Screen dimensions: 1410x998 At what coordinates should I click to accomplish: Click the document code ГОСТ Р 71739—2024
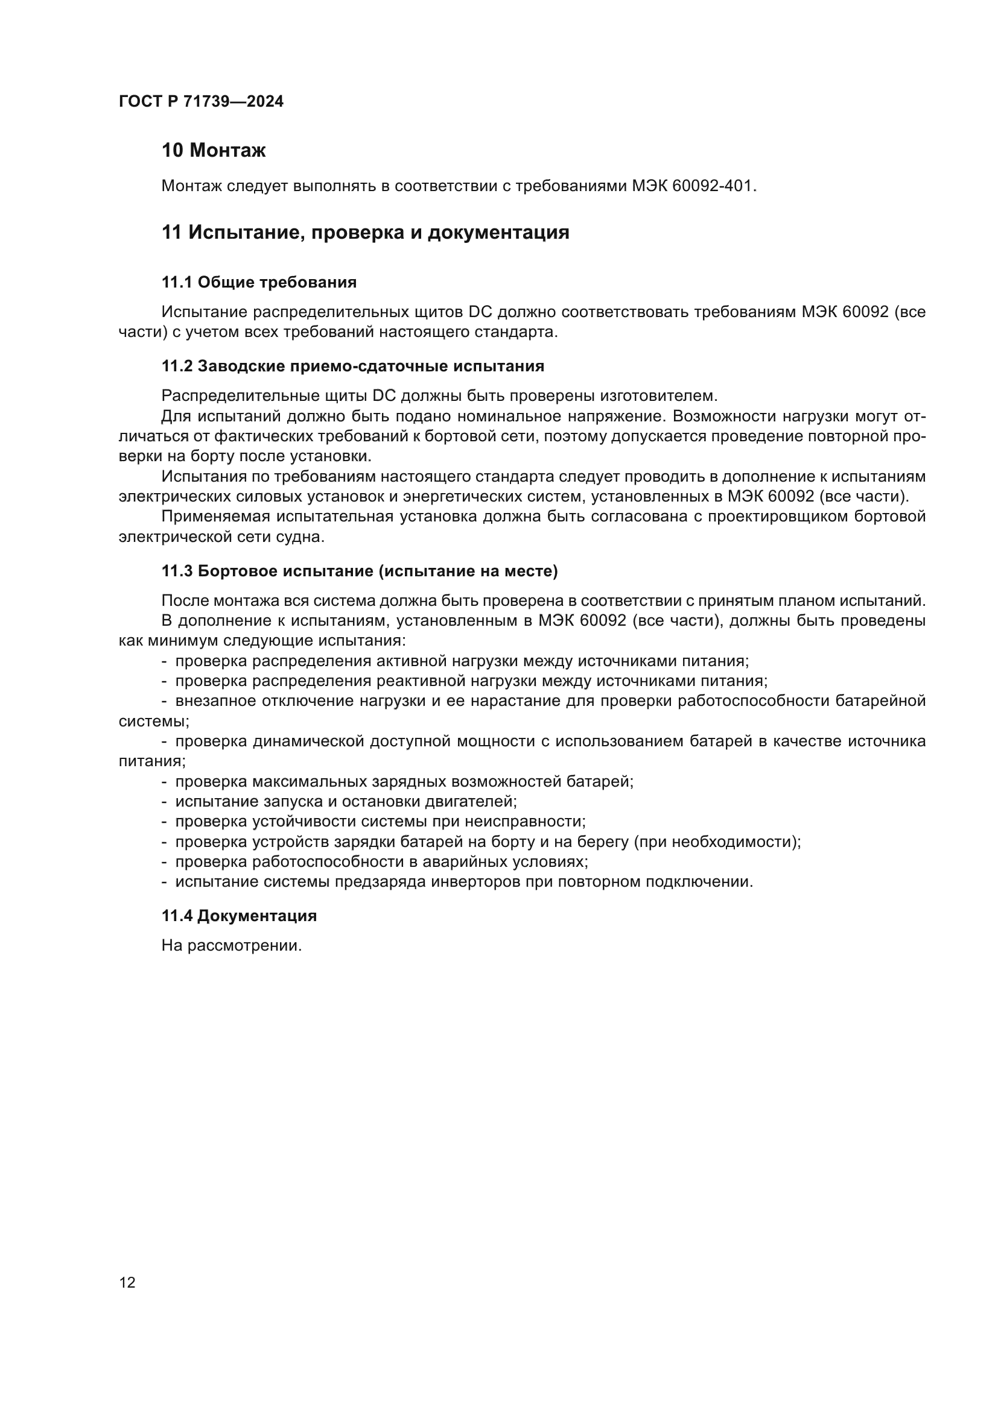[x=201, y=102]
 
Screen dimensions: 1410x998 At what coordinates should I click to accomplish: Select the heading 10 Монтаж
[x=213, y=151]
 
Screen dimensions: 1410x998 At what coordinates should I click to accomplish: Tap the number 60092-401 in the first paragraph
[x=712, y=186]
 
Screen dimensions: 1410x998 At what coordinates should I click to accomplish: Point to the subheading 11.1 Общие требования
[x=259, y=283]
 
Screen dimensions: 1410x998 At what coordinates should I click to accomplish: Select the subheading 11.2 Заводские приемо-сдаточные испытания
[x=353, y=367]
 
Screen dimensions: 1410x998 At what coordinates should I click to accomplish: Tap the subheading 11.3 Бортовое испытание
[x=359, y=571]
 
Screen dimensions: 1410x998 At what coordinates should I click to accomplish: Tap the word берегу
[x=599, y=842]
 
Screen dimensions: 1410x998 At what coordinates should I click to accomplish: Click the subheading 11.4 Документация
[x=239, y=916]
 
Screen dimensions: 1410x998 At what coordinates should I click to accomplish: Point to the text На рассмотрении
[x=232, y=946]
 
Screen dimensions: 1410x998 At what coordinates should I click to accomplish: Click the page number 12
[x=127, y=1282]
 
